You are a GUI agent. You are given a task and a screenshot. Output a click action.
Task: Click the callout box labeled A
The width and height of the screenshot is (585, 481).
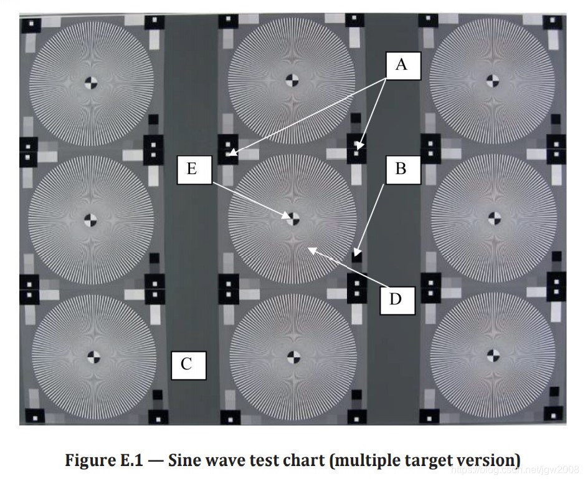coord(401,64)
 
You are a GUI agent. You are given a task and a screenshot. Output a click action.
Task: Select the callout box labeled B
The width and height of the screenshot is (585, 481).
coord(401,169)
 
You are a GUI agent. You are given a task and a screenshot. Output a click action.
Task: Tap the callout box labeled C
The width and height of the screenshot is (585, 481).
coord(186,364)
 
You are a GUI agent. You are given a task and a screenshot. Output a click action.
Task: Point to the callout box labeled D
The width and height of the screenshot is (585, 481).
coord(396,299)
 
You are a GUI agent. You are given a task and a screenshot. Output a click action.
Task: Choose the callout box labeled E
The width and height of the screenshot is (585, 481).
coord(192,169)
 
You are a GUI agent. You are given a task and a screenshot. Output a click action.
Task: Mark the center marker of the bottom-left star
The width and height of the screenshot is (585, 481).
coord(94,356)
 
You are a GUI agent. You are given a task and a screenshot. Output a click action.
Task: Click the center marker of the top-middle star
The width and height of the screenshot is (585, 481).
coord(292,79)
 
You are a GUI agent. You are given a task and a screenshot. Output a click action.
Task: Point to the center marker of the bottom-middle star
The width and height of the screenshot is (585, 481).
coord(293,356)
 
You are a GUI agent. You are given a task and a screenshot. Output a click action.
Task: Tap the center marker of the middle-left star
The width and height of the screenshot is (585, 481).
coord(91,219)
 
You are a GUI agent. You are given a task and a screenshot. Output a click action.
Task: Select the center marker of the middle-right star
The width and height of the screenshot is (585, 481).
coord(493,218)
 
